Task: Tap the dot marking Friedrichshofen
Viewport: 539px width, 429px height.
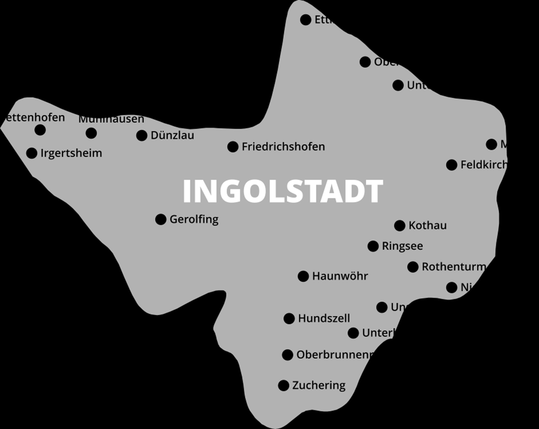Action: tap(233, 147)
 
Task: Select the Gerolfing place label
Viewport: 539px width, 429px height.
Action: tap(194, 219)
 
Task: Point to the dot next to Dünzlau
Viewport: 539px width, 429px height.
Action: tap(142, 136)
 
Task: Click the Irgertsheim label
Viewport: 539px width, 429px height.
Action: tap(71, 153)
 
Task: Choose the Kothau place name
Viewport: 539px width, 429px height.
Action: tap(428, 225)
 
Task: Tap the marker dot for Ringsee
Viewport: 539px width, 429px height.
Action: tap(373, 246)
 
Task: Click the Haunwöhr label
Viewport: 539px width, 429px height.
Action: tap(340, 276)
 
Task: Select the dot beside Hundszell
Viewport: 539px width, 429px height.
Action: tap(289, 319)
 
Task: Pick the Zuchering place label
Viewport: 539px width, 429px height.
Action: tap(319, 385)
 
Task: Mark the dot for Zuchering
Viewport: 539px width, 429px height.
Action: tap(284, 385)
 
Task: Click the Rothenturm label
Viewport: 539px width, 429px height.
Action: tap(454, 267)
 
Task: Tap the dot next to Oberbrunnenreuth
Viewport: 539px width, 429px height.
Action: tap(287, 355)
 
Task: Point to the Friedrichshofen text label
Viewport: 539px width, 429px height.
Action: tap(283, 147)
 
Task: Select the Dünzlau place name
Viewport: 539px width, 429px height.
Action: tap(172, 136)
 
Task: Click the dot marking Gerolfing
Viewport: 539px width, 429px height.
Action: tap(161, 219)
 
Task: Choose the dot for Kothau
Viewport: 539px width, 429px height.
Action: tap(399, 225)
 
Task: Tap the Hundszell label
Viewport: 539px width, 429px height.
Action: tap(324, 319)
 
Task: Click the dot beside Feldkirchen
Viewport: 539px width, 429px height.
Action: tap(451, 165)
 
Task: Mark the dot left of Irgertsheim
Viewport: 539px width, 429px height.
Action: tap(32, 153)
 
